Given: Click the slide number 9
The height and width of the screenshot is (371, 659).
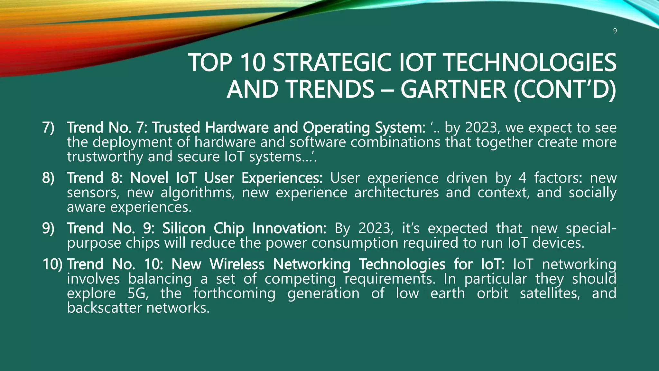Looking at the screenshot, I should click(615, 31).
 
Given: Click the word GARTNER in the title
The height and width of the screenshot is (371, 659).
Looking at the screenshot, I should click(453, 89).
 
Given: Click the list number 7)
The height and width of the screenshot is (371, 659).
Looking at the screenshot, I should click(48, 128).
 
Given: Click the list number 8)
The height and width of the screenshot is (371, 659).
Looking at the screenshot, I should click(48, 178).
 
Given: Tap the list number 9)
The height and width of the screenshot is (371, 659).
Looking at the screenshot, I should click(48, 228).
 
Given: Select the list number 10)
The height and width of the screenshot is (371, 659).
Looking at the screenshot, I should click(52, 264).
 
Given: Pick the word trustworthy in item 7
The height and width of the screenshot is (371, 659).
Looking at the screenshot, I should click(105, 157).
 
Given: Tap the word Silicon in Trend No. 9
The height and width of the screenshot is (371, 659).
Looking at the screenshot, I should click(184, 228).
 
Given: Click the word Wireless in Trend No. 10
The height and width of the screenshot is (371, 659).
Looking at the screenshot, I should click(237, 264).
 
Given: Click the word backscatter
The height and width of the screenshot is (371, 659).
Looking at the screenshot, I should click(104, 308).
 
